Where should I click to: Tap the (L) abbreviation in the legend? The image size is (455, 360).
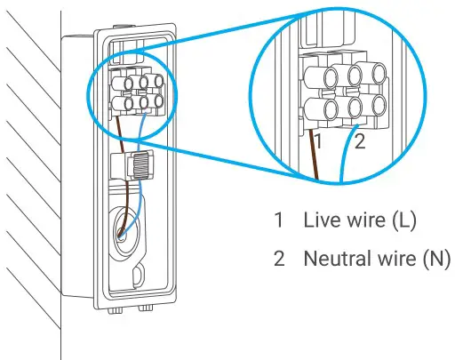(x=397, y=219)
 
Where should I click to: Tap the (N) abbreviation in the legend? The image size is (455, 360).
(x=429, y=260)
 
